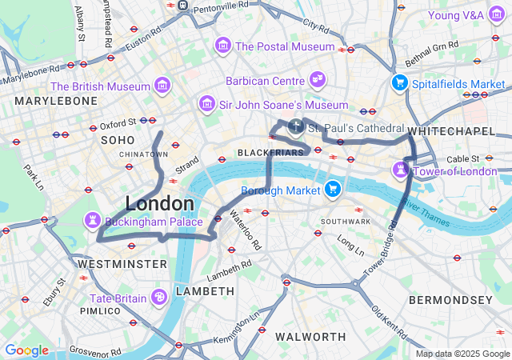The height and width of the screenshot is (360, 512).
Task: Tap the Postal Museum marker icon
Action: coord(222,46)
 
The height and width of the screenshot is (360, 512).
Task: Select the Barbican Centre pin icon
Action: coord(318,80)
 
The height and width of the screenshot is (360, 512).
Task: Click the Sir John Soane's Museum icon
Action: coord(207,104)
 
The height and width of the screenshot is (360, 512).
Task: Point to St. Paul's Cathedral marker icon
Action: coord(296,126)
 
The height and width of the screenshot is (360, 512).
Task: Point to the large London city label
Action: coord(159,203)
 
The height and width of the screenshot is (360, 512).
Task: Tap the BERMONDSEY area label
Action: coord(450,300)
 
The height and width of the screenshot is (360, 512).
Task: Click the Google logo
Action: coord(26,350)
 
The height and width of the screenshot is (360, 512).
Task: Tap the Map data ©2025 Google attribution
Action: coord(462,354)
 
